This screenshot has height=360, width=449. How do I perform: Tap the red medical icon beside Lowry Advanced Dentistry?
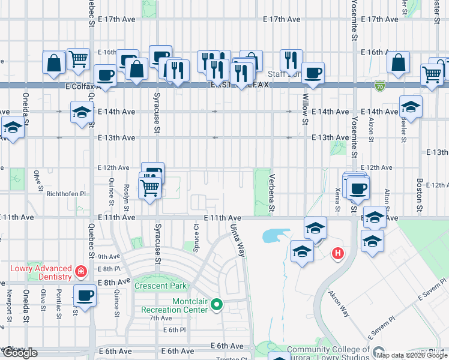pyautogui.click(x=80, y=272)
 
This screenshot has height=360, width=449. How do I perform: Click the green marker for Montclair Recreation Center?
pyautogui.click(x=217, y=305)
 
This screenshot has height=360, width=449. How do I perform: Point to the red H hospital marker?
pyautogui.click(x=338, y=254)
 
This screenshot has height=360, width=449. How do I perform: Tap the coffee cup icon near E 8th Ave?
pyautogui.click(x=85, y=295)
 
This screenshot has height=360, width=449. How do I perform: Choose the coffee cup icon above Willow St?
pyautogui.click(x=313, y=73)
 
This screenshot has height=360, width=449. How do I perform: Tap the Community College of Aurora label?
pyautogui.click(x=328, y=350)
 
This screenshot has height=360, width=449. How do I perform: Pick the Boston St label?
pyautogui.click(x=420, y=191)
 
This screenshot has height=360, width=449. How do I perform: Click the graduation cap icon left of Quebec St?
pyautogui.click(x=82, y=112)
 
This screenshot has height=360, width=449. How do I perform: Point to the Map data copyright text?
pyautogui.click(x=412, y=355)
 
